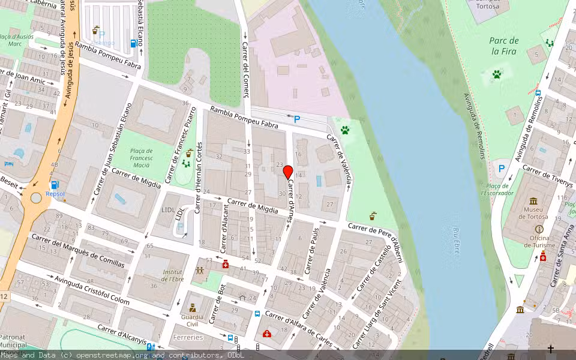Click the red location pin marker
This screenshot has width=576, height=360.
287,172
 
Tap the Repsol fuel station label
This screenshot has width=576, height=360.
55,194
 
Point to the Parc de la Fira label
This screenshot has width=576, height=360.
504,46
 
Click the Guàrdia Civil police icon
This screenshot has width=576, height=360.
193,307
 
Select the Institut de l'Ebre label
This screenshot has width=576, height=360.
173,275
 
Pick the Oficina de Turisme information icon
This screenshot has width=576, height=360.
539,229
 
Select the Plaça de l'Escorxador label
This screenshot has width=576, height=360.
497,190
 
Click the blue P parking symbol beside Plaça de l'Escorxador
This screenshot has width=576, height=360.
501,169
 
